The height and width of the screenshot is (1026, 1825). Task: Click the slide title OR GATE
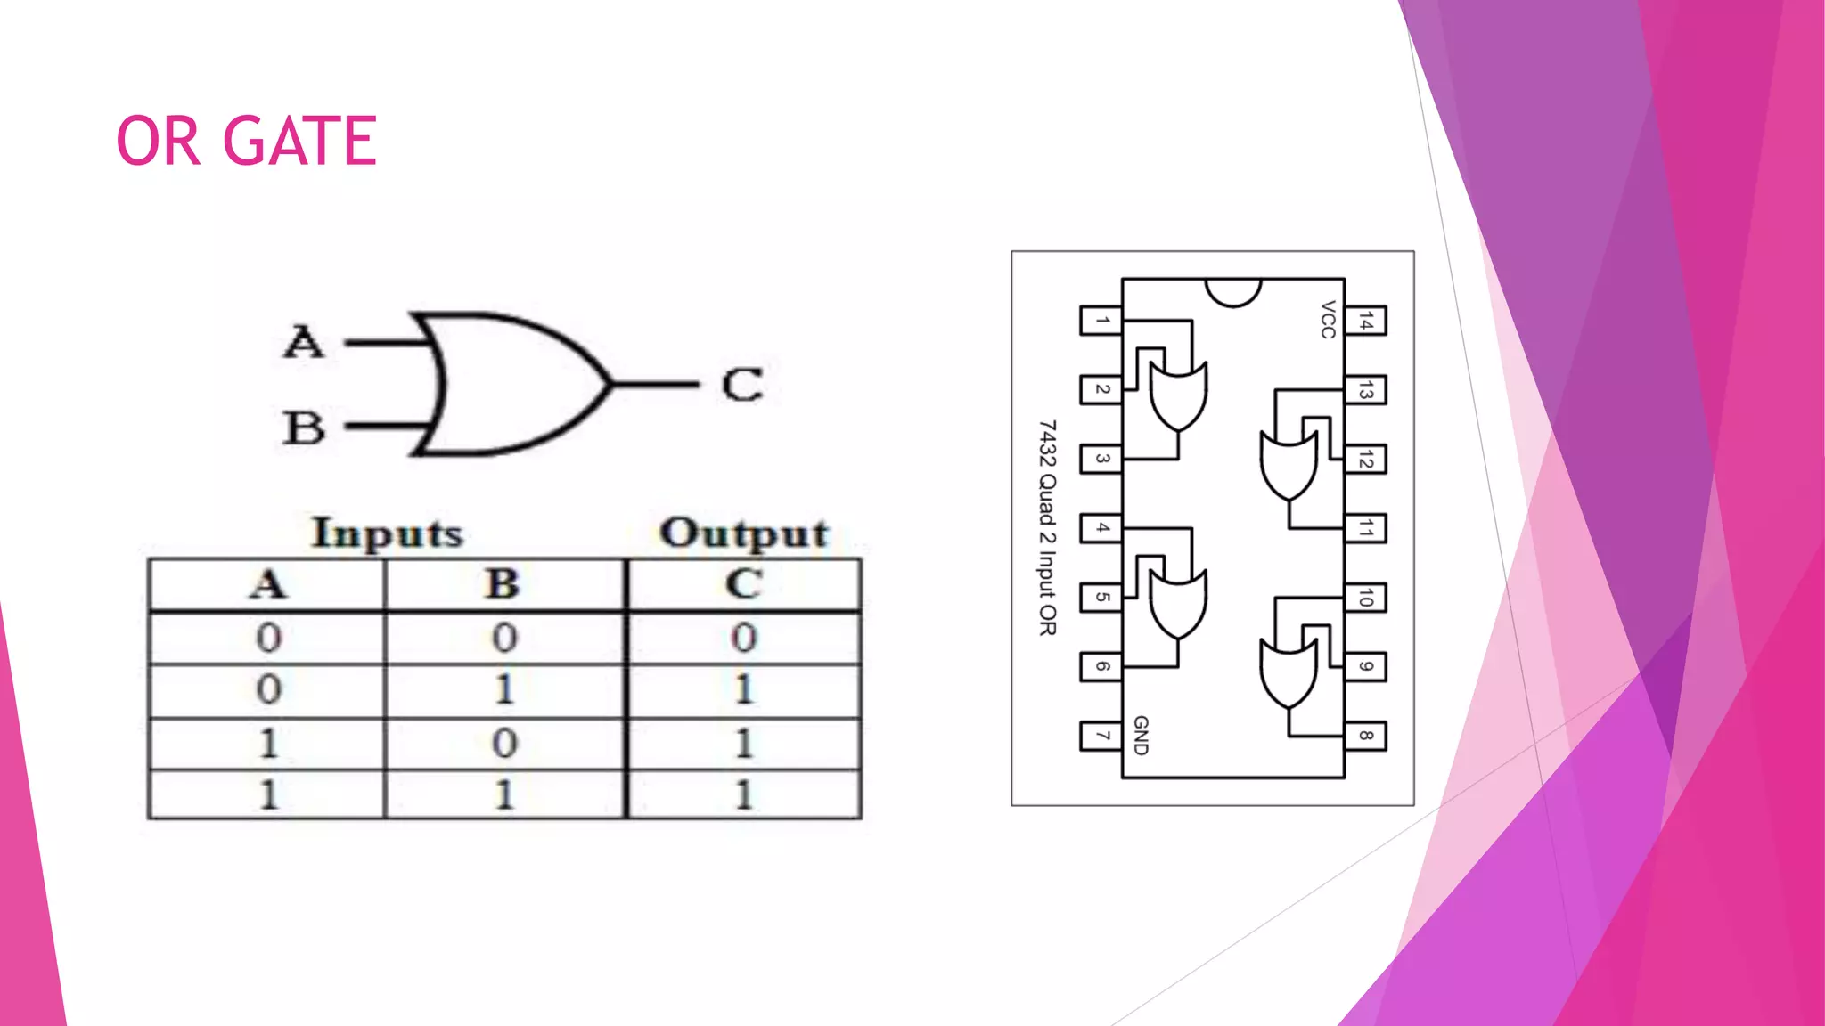[x=247, y=141]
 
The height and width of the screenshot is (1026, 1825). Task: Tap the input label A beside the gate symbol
[x=304, y=342]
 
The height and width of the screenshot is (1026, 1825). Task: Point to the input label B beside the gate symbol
[x=304, y=427]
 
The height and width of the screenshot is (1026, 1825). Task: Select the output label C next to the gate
[x=742, y=385]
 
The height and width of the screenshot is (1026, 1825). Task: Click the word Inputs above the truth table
[x=388, y=533]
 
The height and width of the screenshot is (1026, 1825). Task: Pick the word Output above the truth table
[x=744, y=533]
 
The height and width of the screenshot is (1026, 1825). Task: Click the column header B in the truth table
[x=503, y=585]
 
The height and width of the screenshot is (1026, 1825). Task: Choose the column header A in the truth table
[x=267, y=585]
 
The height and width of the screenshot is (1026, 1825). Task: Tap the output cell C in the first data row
[x=744, y=638]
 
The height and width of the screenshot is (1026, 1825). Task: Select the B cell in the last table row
[x=504, y=794]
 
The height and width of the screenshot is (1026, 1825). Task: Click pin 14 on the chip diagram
[x=1365, y=321]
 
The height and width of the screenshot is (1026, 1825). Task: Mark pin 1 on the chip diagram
[x=1101, y=321]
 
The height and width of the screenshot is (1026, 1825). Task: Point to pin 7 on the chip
[x=1101, y=736]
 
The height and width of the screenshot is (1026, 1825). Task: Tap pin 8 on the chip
[x=1365, y=736]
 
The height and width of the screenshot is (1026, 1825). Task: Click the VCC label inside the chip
[x=1328, y=320]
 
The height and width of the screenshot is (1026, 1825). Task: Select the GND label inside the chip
[x=1141, y=735]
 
